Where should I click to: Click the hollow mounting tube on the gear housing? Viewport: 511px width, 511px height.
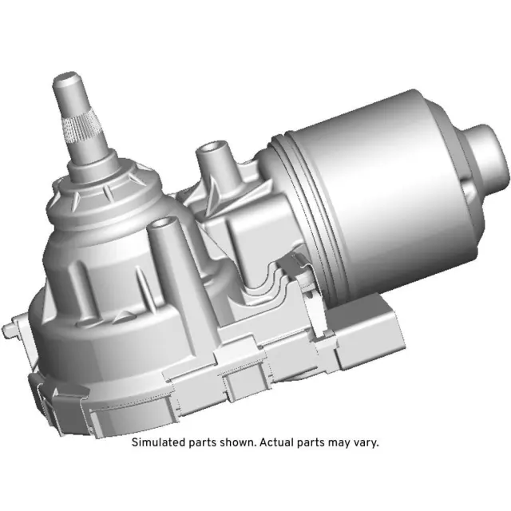click(163, 239)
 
